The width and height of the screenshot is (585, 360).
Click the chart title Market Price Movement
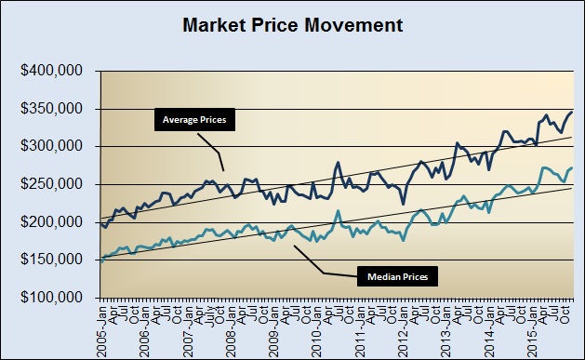point(293,25)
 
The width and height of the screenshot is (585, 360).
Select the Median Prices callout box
point(392,276)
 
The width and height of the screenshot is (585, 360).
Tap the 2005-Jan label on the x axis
point(101,327)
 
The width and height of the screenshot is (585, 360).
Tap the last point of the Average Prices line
point(571,112)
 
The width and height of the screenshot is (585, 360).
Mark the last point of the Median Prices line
point(571,168)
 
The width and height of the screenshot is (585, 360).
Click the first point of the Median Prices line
point(100,261)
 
